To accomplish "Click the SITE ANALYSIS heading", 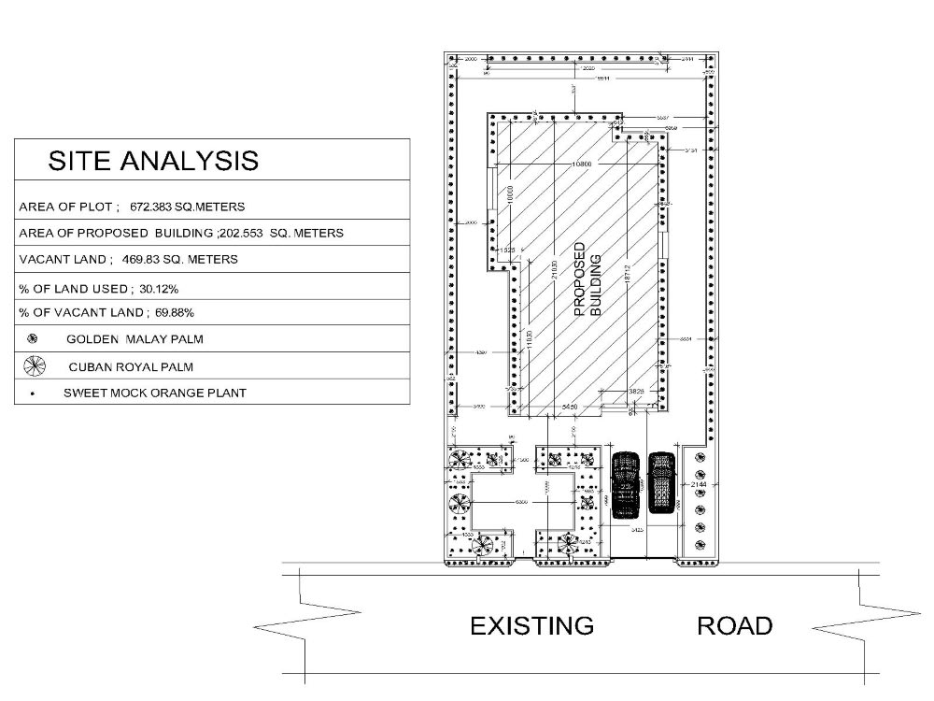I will point(153,160).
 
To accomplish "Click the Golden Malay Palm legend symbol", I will point(33,338).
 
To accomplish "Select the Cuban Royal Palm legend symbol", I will point(34,365).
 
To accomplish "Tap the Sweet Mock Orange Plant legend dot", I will point(33,394).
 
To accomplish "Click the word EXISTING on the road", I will point(531,625).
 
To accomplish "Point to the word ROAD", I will point(735,625).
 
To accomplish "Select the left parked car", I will point(624,483).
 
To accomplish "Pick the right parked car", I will point(661,482).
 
